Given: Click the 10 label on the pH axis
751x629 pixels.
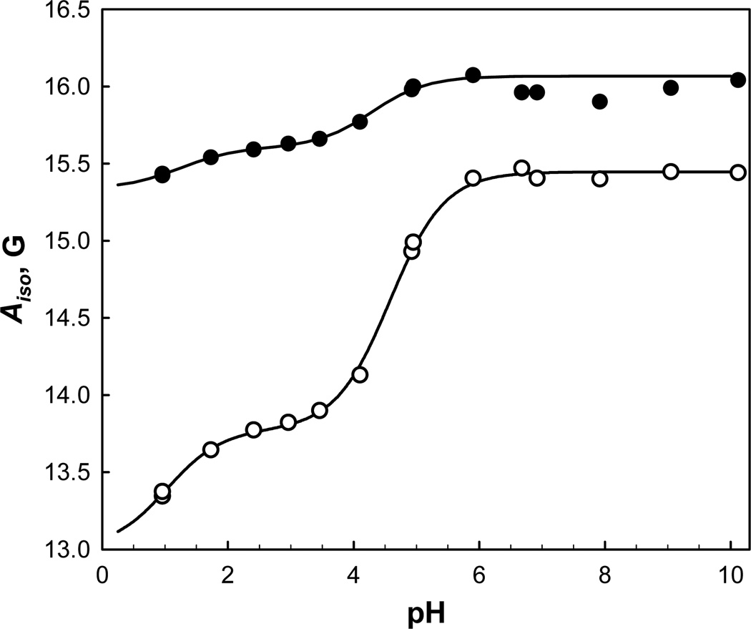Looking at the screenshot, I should [730, 573].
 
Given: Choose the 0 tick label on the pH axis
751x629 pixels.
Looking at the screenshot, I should [102, 573].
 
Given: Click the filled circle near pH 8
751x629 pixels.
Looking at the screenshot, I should [599, 102].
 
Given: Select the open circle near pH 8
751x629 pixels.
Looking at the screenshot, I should [599, 178].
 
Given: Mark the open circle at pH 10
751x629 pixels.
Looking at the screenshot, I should [738, 172].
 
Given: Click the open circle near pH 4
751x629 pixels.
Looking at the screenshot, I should [360, 374].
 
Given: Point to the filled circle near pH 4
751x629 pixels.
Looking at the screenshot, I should [360, 122].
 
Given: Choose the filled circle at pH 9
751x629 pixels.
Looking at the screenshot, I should [670, 88].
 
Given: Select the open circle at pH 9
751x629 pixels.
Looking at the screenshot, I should [670, 172].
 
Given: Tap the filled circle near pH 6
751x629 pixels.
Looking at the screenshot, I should [473, 75].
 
